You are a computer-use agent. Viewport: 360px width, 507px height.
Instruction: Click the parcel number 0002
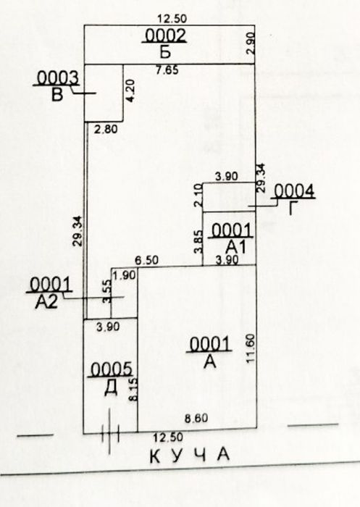click(166, 35)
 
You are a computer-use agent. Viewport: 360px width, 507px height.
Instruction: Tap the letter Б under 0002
click(165, 52)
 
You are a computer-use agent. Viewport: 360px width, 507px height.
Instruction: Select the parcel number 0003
click(57, 78)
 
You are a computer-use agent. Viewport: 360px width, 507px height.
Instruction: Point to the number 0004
click(294, 190)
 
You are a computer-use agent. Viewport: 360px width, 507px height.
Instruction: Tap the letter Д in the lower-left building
click(111, 388)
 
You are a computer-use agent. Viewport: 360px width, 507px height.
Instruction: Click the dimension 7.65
click(167, 70)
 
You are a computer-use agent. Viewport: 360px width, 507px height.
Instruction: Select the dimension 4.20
click(130, 91)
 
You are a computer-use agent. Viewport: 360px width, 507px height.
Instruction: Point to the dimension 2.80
click(106, 130)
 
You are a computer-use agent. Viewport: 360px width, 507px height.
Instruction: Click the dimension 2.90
click(251, 43)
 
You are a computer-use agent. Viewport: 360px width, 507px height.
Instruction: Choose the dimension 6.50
click(147, 260)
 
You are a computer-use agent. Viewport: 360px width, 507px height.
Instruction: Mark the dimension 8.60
click(196, 419)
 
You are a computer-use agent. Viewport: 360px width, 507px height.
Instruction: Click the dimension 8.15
click(133, 390)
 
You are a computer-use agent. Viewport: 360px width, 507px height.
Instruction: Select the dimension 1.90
click(125, 275)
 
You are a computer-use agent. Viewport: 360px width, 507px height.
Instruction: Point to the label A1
click(236, 248)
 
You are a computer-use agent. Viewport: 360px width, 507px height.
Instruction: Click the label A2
click(46, 302)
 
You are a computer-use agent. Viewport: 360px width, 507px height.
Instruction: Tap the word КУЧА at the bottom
click(190, 456)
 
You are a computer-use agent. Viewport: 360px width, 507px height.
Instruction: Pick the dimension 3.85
click(198, 241)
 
